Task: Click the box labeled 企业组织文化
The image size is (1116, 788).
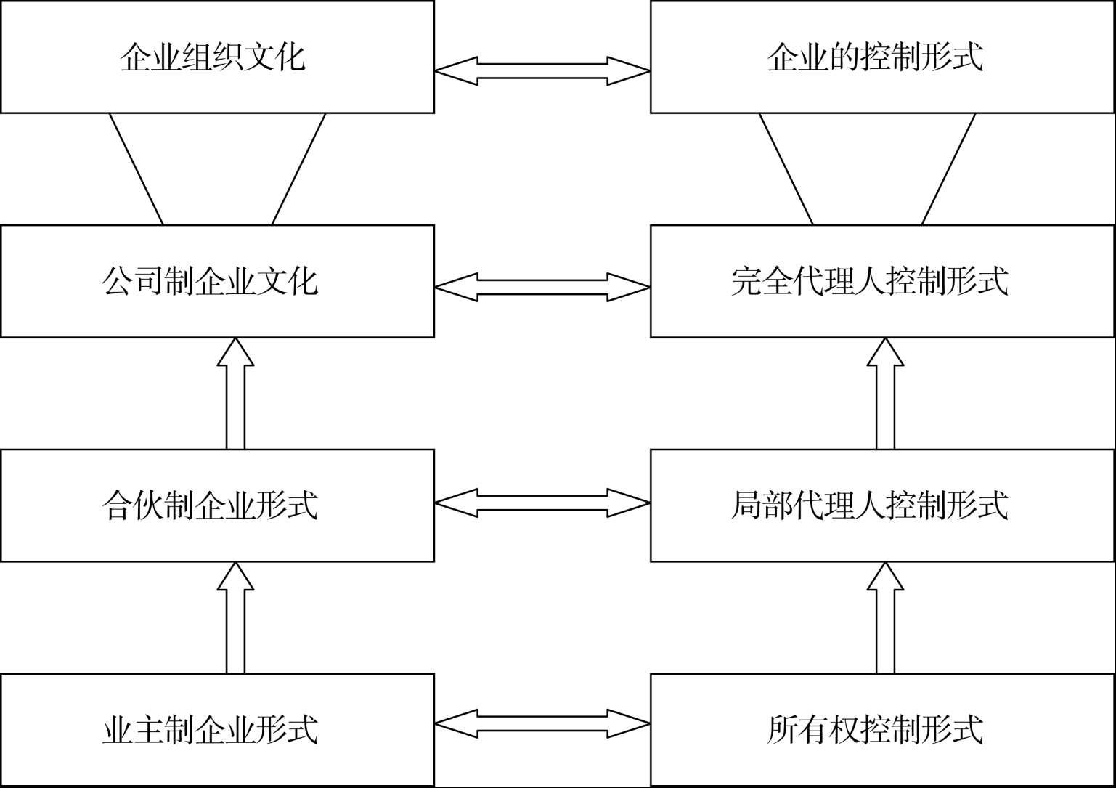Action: click(217, 57)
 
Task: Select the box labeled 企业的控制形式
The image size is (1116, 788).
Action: click(882, 57)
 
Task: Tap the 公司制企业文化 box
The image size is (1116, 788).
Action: click(217, 281)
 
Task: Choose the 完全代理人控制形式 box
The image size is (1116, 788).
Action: click(882, 281)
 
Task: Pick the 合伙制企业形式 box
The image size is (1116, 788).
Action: click(217, 505)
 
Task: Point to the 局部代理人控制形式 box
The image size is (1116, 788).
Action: click(882, 505)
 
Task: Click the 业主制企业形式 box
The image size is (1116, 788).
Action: click(217, 730)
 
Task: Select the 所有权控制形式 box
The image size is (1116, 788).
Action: click(882, 730)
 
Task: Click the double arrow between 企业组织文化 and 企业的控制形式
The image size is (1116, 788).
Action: click(542, 71)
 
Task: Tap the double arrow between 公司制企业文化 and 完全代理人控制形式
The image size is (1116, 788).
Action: click(542, 288)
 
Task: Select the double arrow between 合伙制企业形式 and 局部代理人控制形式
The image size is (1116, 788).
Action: click(542, 502)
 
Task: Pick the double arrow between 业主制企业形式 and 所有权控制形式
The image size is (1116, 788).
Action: click(542, 723)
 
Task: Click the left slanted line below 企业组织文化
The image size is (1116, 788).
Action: click(136, 168)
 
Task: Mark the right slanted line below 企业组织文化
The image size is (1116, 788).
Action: click(298, 168)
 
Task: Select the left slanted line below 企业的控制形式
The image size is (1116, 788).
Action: click(786, 168)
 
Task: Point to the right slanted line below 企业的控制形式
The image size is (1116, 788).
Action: click(948, 168)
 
